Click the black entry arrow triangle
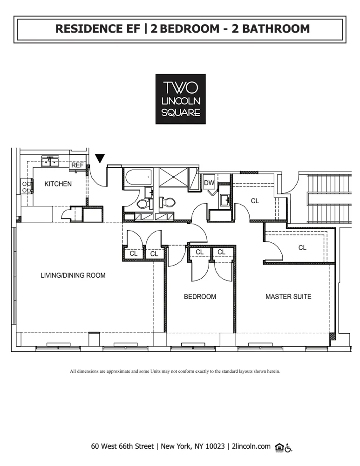coord(100,158)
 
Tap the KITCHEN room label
coord(58,184)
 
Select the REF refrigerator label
coord(77,165)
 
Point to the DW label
coord(209,183)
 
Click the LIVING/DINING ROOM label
coord(73,275)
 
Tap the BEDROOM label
coord(200,296)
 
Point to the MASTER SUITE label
coord(288,296)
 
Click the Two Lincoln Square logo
coord(180,99)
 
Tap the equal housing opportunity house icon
coord(279,447)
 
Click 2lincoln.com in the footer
coord(251,446)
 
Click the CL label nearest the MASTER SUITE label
coord(302,248)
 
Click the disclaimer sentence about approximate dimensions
coord(175,371)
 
